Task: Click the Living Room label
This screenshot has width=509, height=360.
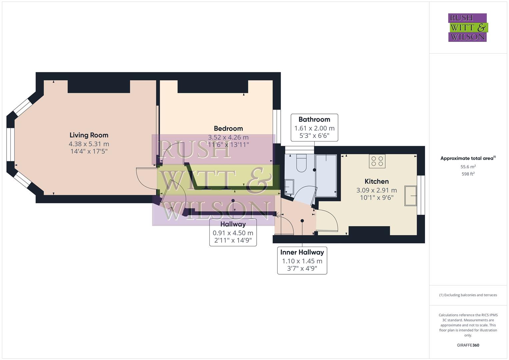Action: point(89,135)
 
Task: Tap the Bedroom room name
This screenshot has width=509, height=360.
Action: point(228,128)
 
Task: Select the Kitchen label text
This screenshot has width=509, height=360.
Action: point(376,181)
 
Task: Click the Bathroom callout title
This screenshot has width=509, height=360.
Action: point(314,119)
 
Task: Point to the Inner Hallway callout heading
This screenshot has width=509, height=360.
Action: point(302,252)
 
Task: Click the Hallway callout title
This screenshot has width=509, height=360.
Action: point(233,224)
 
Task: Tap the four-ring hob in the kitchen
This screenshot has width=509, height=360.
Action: point(377,161)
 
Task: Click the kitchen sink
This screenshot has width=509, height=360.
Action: point(411,196)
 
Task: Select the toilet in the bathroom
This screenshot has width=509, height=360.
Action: point(301,163)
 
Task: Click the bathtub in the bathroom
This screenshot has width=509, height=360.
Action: point(326,176)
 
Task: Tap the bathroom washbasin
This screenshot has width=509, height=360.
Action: point(289,187)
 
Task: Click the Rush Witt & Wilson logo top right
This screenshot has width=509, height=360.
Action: point(467,28)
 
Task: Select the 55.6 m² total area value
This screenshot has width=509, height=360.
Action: point(468,167)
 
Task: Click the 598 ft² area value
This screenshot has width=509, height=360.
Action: point(468,174)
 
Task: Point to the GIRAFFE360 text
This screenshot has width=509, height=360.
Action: point(468,345)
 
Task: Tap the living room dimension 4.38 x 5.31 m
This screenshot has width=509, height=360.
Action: point(89,144)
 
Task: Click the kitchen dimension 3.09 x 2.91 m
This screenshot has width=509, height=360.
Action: point(376,190)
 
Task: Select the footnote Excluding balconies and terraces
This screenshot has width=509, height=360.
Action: point(468,295)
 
